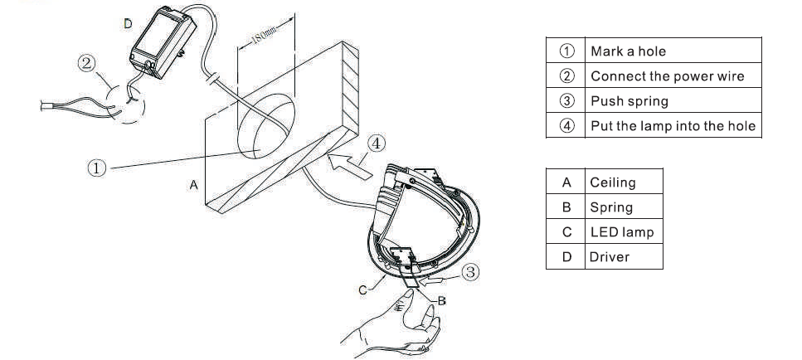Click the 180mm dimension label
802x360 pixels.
click(264, 36)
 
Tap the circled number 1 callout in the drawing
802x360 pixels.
click(97, 168)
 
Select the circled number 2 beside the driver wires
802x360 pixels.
click(86, 63)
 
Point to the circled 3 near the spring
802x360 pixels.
click(470, 271)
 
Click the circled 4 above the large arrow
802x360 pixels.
click(377, 144)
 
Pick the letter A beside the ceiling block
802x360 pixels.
click(193, 185)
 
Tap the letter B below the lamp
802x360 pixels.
click(441, 300)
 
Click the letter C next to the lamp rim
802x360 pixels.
click(362, 290)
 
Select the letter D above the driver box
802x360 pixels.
click(128, 23)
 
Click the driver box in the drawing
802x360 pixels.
click(163, 42)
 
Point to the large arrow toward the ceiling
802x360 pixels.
click(349, 165)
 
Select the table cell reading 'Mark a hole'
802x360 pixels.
click(673, 51)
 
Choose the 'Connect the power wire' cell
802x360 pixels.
click(673, 75)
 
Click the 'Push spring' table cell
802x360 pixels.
click(673, 100)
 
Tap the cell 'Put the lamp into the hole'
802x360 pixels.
click(673, 125)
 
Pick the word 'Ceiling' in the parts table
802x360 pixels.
click(613, 182)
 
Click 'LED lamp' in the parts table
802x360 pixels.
click(621, 231)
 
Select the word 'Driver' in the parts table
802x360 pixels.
click(610, 256)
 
